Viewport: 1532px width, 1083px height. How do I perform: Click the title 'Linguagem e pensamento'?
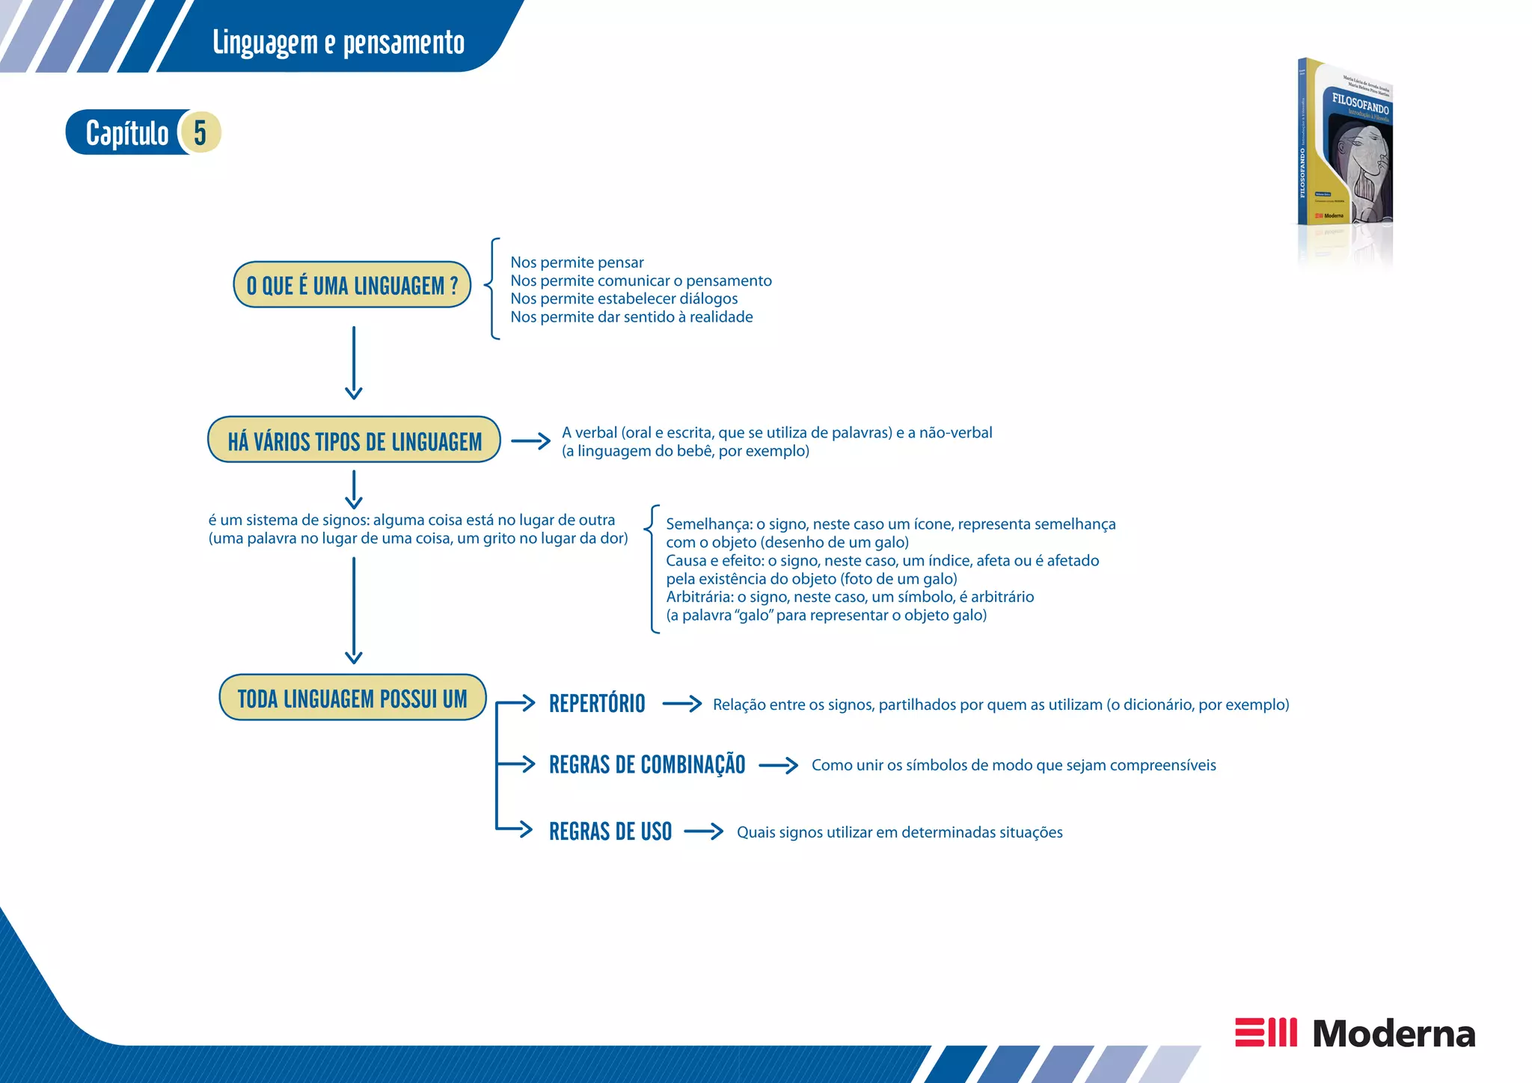click(338, 43)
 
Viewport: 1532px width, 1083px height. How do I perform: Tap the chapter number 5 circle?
click(200, 132)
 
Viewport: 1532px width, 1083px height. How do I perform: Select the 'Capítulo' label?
click(127, 134)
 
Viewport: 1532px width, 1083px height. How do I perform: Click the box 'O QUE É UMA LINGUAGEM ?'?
click(352, 285)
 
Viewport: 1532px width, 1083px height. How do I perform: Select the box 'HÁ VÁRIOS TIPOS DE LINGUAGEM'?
click(354, 441)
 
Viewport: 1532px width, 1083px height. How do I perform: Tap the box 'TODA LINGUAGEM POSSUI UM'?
click(352, 699)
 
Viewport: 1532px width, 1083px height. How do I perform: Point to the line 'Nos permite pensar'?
click(577, 263)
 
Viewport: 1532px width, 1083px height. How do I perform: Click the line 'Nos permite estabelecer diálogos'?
click(624, 298)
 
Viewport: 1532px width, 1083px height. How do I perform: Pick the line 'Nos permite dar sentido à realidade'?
click(631, 317)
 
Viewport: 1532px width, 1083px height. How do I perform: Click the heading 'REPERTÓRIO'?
click(597, 704)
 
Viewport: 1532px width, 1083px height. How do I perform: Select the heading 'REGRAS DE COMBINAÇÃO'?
click(647, 764)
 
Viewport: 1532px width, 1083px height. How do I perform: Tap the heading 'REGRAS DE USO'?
click(610, 832)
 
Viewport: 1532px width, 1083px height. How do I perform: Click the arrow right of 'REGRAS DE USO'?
click(704, 832)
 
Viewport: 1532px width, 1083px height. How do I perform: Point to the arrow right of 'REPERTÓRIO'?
click(682, 704)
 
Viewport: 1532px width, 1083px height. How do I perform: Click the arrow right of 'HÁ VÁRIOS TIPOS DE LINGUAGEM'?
click(530, 441)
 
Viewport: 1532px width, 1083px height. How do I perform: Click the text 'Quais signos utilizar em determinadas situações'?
click(899, 832)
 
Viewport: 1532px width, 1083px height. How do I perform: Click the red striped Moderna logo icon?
click(1266, 1032)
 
